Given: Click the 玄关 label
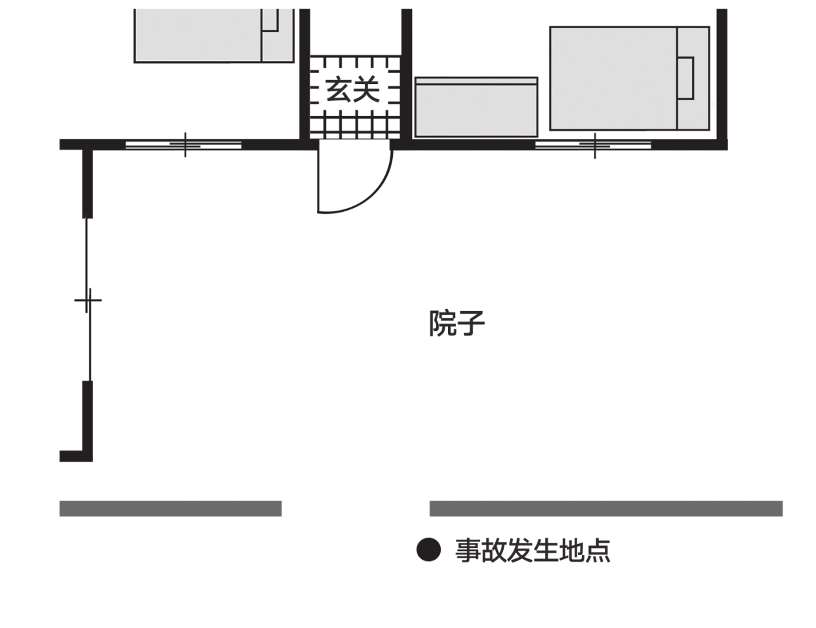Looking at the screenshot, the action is (x=353, y=90).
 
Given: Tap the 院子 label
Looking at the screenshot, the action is (x=457, y=323).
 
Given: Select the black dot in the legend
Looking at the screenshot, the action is (x=428, y=549).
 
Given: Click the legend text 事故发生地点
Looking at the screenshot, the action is (x=533, y=551).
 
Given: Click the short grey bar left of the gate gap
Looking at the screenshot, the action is (x=171, y=509).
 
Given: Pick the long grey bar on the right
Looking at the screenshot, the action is (x=606, y=509).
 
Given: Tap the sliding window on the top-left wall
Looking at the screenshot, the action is (x=183, y=144).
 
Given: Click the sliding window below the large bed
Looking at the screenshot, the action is (x=593, y=145).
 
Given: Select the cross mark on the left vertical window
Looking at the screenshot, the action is (x=88, y=300).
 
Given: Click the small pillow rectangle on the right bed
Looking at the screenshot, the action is (x=685, y=78).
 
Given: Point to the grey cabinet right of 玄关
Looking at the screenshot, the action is (x=476, y=107).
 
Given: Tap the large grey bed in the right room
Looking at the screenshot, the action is (x=630, y=79).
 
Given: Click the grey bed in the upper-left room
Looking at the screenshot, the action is (x=214, y=35).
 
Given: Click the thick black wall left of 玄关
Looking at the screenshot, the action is (x=305, y=74).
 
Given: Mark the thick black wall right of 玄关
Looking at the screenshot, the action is (x=407, y=74).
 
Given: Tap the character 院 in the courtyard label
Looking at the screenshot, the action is (x=442, y=323).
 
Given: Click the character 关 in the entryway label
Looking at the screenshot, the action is (x=367, y=90).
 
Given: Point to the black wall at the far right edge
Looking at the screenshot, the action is (x=722, y=74).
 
